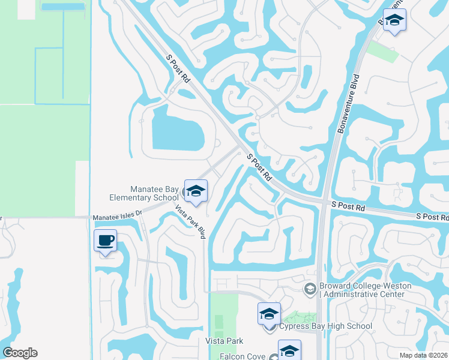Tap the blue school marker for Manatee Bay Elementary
[196, 191]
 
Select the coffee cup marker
[106, 241]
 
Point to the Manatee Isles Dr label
[117, 214]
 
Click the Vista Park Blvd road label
[190, 221]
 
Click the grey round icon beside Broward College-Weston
[310, 290]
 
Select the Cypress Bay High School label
[326, 326]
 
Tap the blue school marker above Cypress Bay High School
[270, 314]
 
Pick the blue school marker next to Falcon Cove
[289, 351]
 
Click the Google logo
[20, 353]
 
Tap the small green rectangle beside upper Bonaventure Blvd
[382, 52]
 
